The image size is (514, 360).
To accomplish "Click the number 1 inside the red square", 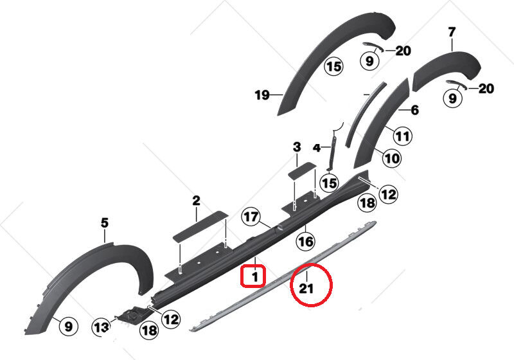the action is coord(254,277).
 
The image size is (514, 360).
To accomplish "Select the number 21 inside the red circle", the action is coord(306,289).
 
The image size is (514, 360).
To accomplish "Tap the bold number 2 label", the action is coord(196,201).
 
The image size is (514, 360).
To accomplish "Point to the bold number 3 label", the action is coord(297,147).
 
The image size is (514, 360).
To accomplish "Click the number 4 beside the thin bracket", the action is coord(317,148).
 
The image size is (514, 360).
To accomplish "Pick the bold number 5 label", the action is coord(104,223).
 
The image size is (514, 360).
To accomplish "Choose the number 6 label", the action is coord(414,110).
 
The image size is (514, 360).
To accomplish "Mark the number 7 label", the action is coord(452,32).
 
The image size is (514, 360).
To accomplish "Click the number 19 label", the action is coord(262,95).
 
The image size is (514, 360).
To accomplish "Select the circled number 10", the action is coord(392,158).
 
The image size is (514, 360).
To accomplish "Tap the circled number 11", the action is coord(403,136).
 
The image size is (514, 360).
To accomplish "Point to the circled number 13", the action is coord(102,327).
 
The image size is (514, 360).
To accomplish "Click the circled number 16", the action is coord(305,242).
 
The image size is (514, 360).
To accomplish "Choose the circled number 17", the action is coord(251,217).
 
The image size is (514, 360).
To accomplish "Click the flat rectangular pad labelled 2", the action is coord(200,227).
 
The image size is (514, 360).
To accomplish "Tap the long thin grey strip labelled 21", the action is coord(283,276).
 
